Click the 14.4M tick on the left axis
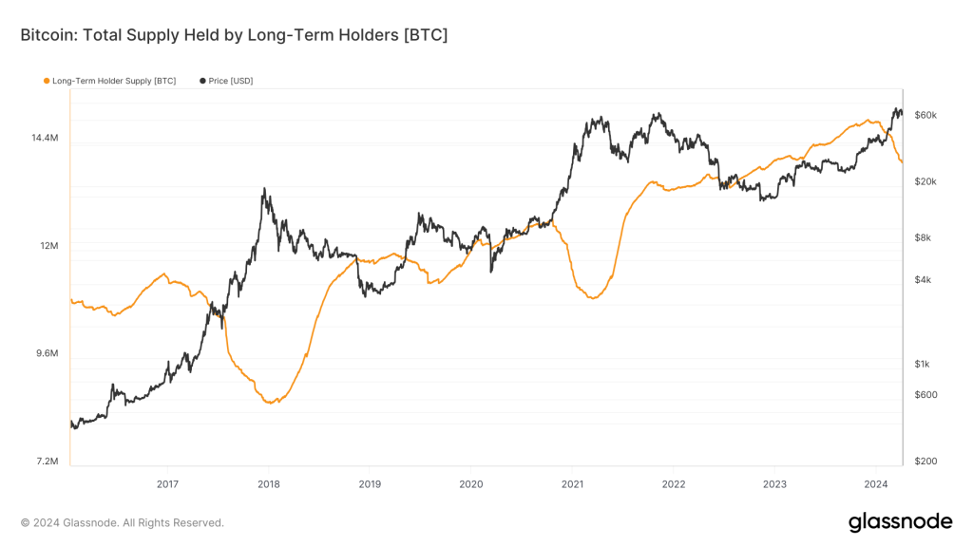pos(45,138)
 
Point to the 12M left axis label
pos(48,246)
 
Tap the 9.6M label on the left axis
pos(47,353)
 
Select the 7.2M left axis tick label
pos(47,462)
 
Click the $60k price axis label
pos(925,115)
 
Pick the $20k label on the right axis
pos(925,181)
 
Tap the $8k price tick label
pos(923,237)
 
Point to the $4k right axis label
pos(923,280)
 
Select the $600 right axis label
pos(925,395)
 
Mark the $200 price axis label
pos(925,462)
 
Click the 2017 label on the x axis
pos(167,483)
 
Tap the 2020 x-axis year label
pos(470,483)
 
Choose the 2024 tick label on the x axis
pos(875,483)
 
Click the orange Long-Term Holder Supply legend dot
pos(47,81)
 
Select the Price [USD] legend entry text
pos(231,81)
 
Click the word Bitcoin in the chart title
pos(48,35)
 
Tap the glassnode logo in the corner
pos(899,521)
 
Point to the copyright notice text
pos(123,522)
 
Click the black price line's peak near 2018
pos(264,189)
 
